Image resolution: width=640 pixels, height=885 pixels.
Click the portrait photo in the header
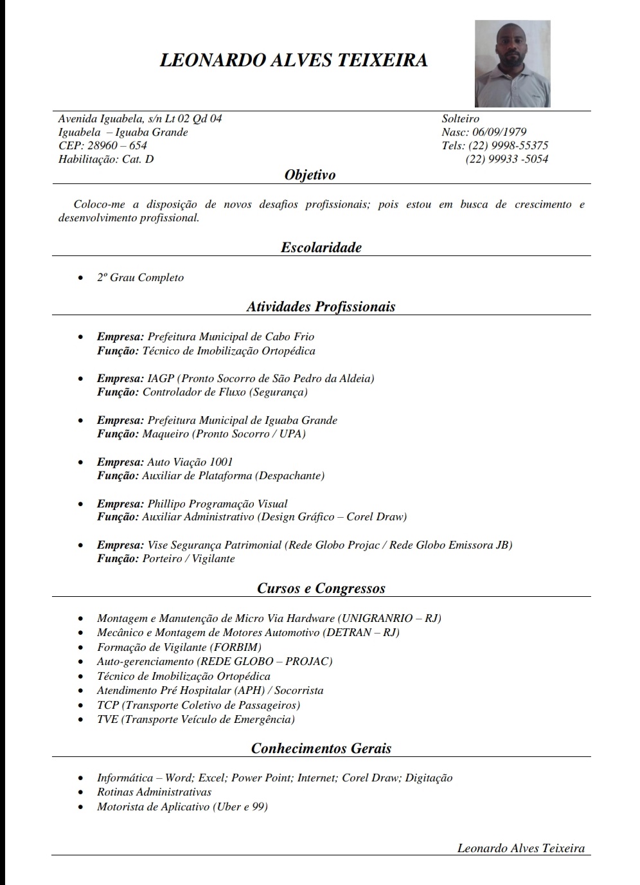click(512, 63)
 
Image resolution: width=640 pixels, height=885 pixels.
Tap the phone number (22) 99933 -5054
click(506, 159)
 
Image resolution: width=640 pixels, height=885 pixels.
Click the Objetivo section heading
click(310, 174)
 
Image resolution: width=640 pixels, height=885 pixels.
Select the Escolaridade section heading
click(321, 247)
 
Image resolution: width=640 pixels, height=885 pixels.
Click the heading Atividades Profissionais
click(321, 306)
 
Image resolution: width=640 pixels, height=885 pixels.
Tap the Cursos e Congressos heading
click(321, 588)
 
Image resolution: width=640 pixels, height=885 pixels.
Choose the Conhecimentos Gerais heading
click(321, 748)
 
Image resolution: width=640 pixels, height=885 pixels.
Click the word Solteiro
click(460, 118)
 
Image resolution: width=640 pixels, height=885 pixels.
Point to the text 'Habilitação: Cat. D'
click(106, 159)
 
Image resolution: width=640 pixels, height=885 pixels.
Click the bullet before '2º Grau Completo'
click(80, 278)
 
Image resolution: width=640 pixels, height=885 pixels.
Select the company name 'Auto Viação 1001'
click(190, 462)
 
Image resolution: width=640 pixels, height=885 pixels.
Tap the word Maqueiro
click(165, 433)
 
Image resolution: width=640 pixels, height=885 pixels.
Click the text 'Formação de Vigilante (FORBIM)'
click(179, 647)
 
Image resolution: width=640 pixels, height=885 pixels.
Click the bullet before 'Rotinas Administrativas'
click(80, 792)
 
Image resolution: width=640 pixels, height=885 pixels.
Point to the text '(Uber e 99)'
click(240, 807)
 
